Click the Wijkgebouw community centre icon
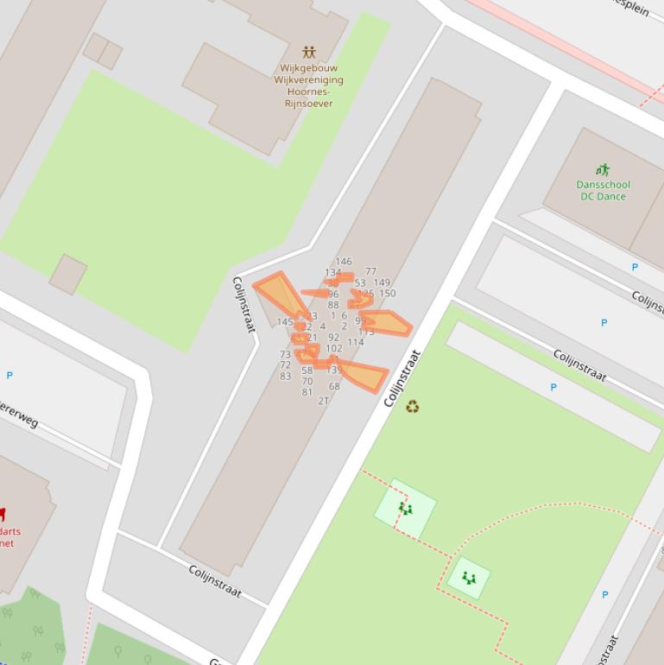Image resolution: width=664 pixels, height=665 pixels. click(x=309, y=53)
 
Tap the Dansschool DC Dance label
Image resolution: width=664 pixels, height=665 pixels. click(x=603, y=190)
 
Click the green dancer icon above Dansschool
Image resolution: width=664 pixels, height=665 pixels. click(x=603, y=170)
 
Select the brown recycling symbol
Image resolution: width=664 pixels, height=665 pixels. click(x=413, y=406)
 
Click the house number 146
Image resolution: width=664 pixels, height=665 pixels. click(x=344, y=262)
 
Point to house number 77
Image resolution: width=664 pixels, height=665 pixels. click(x=370, y=272)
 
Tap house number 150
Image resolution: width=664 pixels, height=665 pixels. click(x=387, y=294)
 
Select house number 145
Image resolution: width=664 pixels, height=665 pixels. click(x=285, y=322)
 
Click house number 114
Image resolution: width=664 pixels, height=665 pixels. click(x=356, y=342)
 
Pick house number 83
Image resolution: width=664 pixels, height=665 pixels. click(x=285, y=377)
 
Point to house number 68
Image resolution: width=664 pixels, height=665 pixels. click(x=334, y=386)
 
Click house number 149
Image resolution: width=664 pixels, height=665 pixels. click(x=382, y=282)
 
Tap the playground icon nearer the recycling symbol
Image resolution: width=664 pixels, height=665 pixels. click(x=405, y=509)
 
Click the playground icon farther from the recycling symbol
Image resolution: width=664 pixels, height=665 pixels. click(x=469, y=577)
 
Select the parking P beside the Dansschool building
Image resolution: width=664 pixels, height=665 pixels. click(x=635, y=268)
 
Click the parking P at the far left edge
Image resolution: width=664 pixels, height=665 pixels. click(x=9, y=376)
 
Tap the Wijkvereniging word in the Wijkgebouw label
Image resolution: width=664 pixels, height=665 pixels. click(x=308, y=80)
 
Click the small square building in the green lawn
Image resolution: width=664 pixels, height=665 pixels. click(x=67, y=274)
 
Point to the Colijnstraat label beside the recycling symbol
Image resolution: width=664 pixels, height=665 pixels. click(x=402, y=379)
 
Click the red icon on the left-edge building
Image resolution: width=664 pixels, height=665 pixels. click(x=2, y=515)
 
